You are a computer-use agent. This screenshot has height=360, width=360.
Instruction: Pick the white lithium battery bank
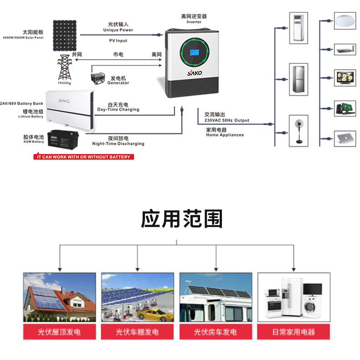coord(70,108)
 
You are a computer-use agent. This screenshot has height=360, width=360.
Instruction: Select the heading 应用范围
coord(181,219)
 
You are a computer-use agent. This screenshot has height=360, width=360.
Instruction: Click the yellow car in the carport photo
coord(152,314)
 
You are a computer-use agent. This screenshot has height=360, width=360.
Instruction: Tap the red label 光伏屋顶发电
coord(59,332)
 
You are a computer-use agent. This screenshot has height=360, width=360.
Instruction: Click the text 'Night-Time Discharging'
coord(118,144)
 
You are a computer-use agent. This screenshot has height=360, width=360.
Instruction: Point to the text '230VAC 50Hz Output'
coord(227,120)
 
